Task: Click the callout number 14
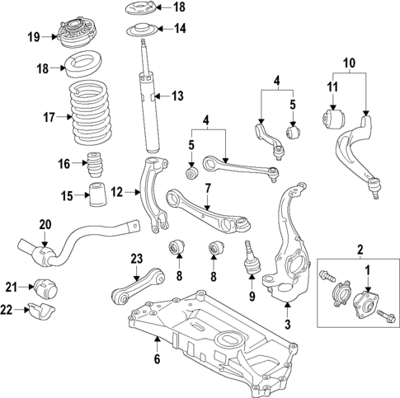[x=179, y=28]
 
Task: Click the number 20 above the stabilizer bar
[x=44, y=223]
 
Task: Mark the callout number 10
[x=349, y=62]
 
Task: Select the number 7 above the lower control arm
[x=209, y=187]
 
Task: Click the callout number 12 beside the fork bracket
[x=116, y=191]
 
